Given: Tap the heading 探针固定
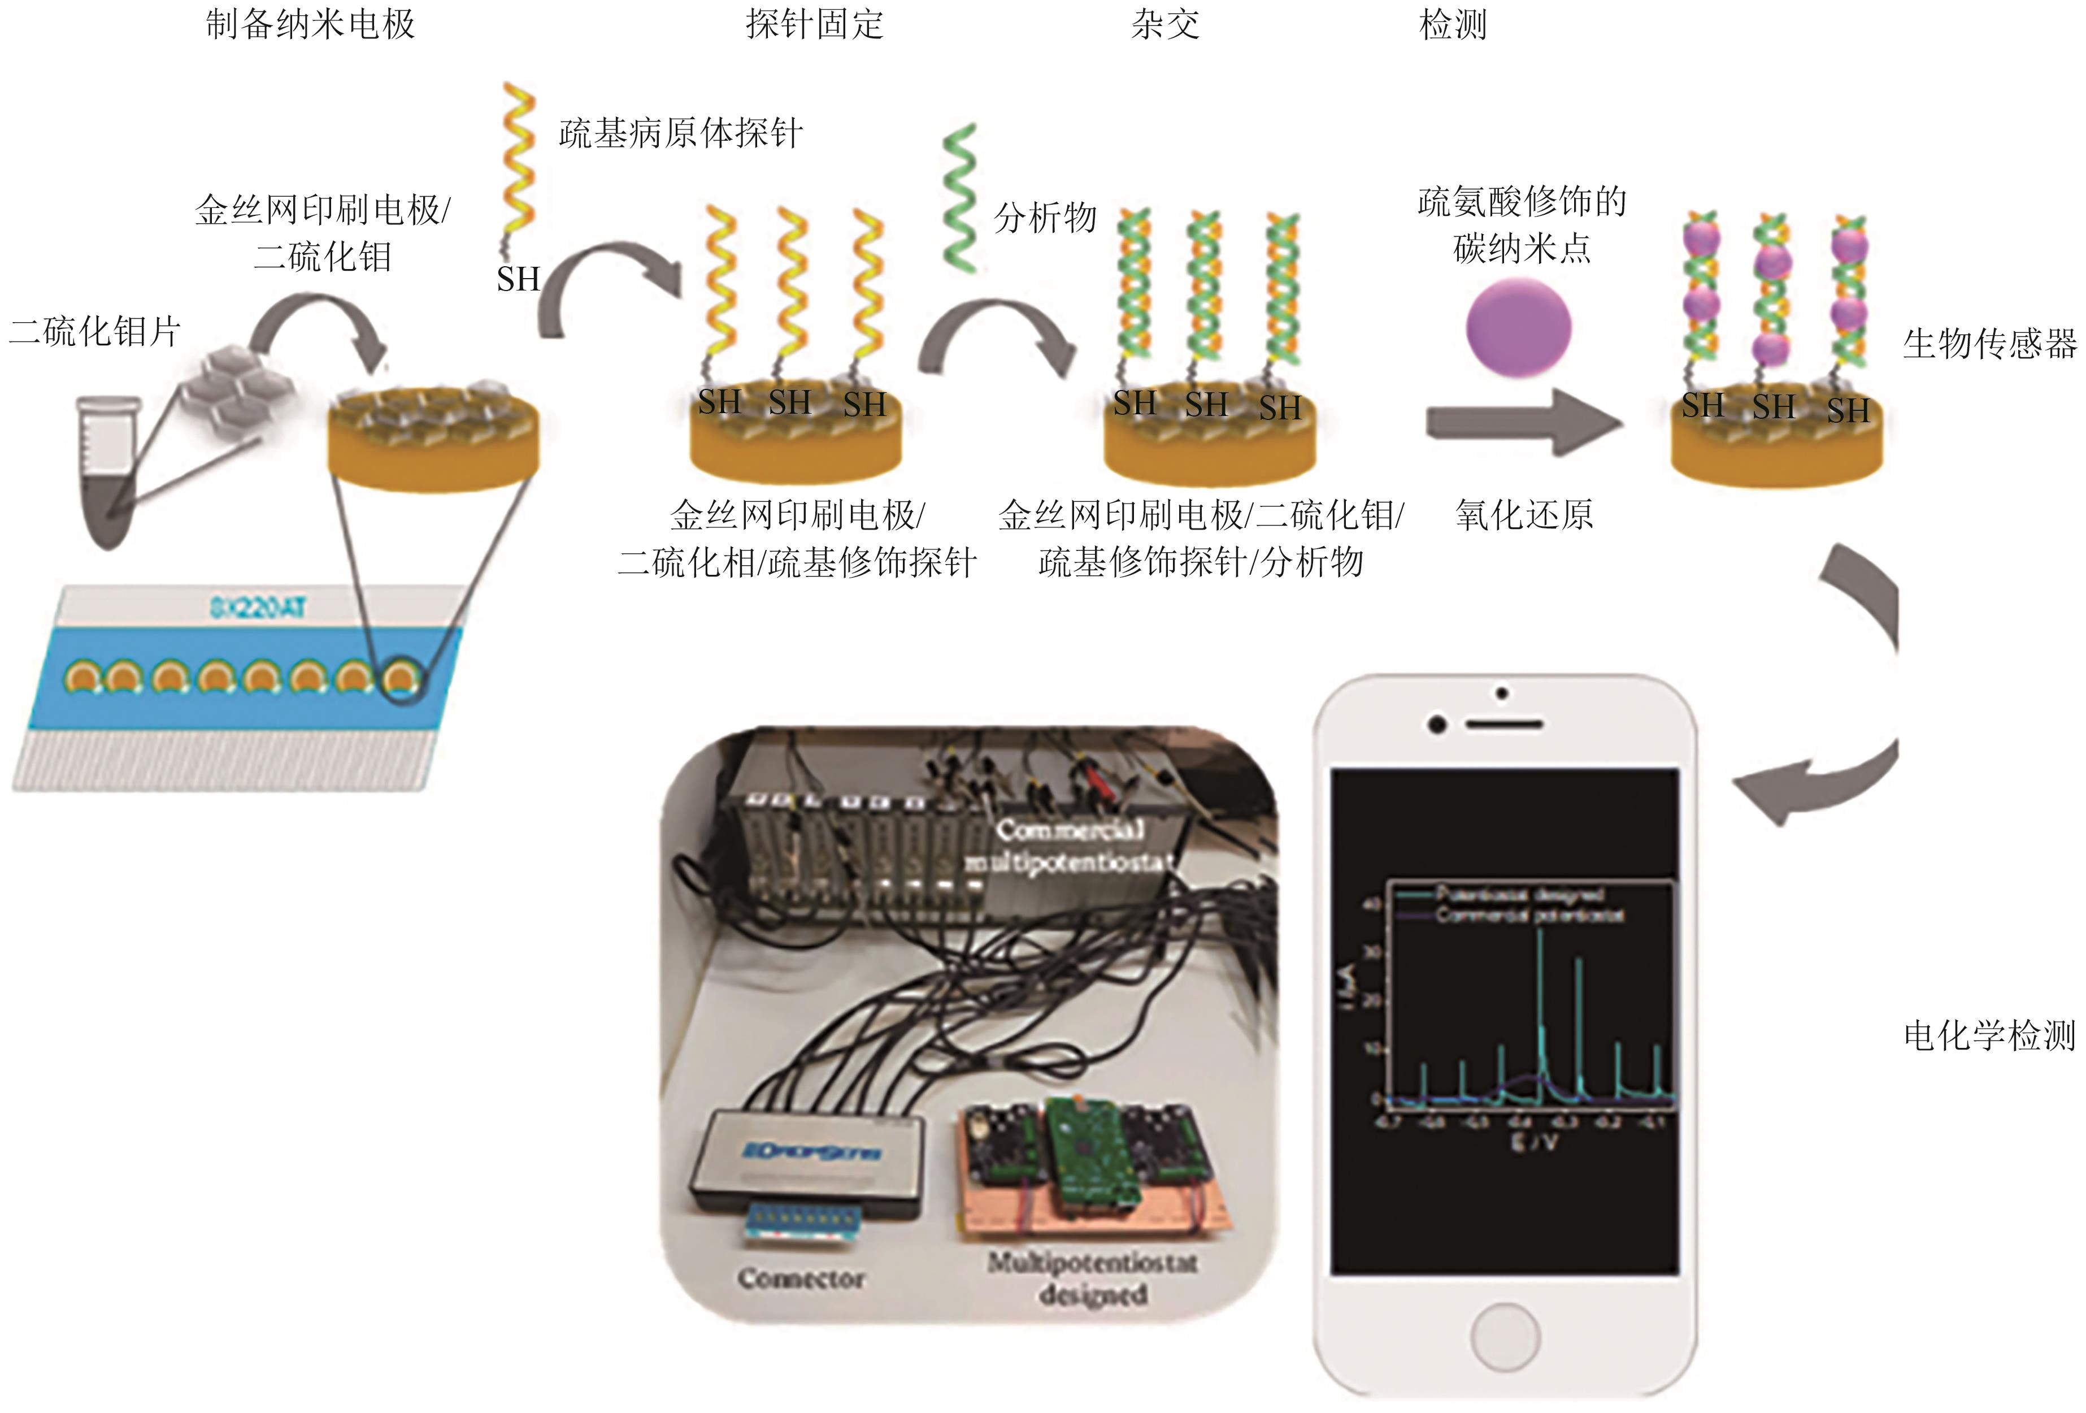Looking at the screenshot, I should coord(814,24).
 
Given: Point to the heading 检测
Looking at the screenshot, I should coord(1452,24).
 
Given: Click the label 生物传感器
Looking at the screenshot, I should coord(1989,343).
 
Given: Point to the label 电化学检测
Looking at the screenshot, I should coord(1989,1036).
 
